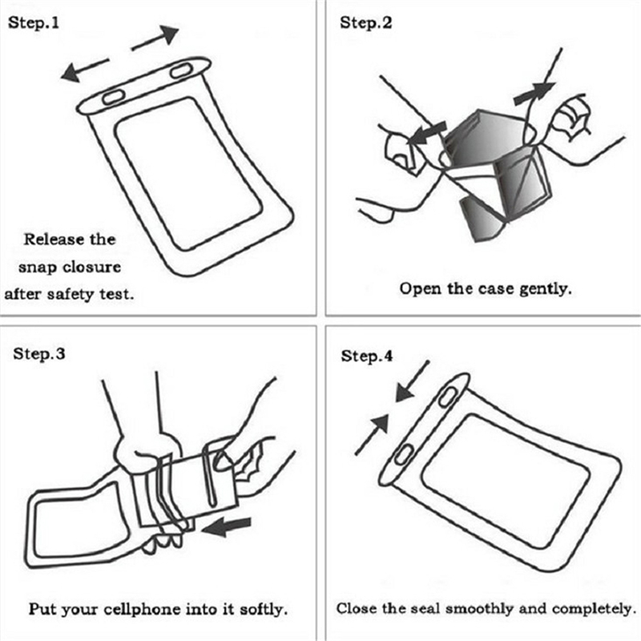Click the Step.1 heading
point(34,23)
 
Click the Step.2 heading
point(367,23)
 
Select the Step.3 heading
point(39,355)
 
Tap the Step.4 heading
point(367,356)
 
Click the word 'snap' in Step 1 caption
point(38,266)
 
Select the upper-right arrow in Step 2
point(534,91)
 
